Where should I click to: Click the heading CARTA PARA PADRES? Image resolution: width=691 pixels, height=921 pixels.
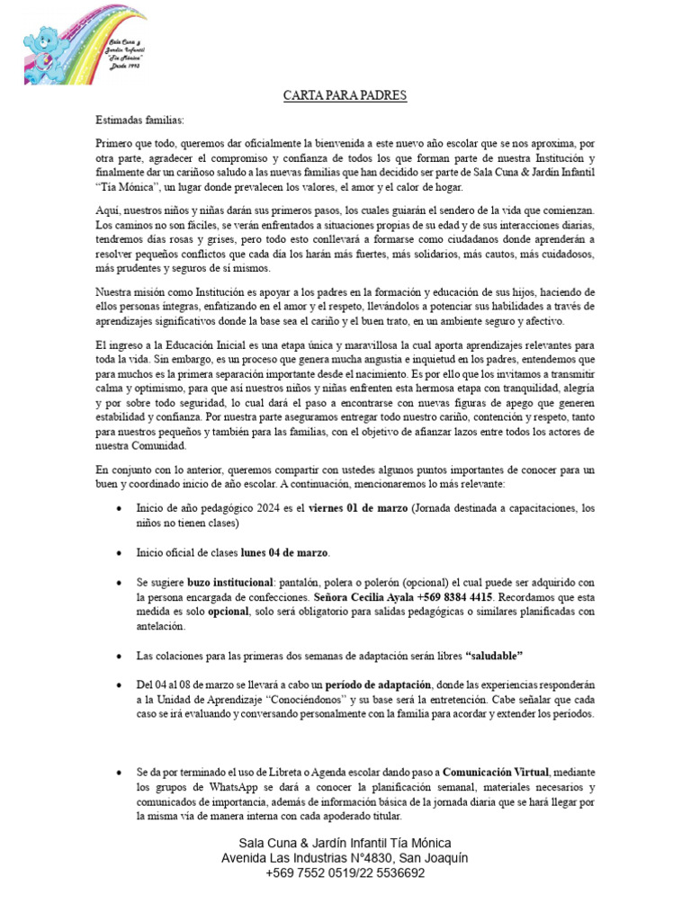[345, 95]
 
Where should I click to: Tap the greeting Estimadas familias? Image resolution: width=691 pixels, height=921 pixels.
[139, 120]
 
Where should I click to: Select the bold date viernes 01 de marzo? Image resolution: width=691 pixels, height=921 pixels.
[358, 508]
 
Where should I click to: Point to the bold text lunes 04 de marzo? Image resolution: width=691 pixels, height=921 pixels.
[284, 551]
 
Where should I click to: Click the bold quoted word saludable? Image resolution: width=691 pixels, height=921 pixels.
[493, 654]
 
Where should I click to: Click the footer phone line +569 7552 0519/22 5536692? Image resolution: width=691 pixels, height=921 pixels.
[345, 872]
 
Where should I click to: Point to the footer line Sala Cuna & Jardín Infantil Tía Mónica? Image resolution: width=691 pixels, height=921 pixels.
[345, 843]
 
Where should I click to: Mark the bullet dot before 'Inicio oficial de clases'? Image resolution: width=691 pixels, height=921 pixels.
[121, 551]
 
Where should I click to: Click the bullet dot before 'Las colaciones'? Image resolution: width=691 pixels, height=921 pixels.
[121, 654]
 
